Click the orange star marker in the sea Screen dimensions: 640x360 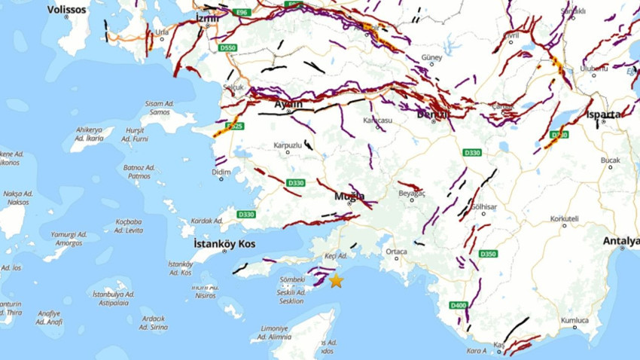pyautogui.click(x=336, y=281)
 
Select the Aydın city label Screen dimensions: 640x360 pyautogui.click(x=288, y=104)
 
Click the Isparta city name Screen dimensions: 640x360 pyautogui.click(x=604, y=114)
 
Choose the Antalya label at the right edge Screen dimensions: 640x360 pyautogui.click(x=621, y=241)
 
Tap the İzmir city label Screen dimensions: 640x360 pyautogui.click(x=207, y=17)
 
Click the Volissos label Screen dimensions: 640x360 pyautogui.click(x=67, y=10)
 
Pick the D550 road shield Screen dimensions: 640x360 pyautogui.click(x=228, y=47)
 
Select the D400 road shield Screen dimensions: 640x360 pyautogui.click(x=458, y=305)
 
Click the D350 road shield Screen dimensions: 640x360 pyautogui.click(x=488, y=254)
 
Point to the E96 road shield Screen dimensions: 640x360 pyautogui.click(x=241, y=13)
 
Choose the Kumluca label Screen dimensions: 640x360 pyautogui.click(x=574, y=320)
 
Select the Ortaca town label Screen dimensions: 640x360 pyautogui.click(x=396, y=252)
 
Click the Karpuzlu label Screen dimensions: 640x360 pyautogui.click(x=288, y=144)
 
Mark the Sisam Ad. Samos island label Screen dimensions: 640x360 pyautogui.click(x=160, y=108)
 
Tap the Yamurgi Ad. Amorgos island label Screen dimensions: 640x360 pyautogui.click(x=68, y=239)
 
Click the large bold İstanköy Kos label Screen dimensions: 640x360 pyautogui.click(x=224, y=244)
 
